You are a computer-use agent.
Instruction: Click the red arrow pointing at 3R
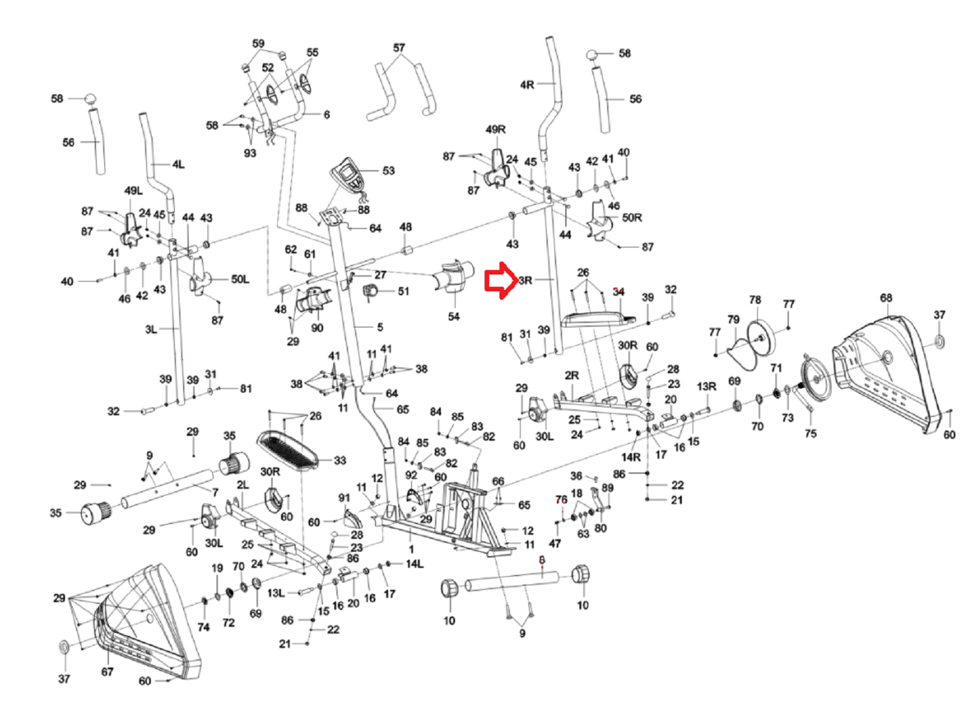500,280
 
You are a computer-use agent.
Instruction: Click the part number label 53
388,171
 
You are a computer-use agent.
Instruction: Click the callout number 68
886,298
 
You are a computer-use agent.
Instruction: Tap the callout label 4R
527,84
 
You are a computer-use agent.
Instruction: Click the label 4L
178,165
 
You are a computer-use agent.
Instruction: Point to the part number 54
454,316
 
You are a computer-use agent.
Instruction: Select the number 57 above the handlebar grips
399,48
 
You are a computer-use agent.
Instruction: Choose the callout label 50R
632,218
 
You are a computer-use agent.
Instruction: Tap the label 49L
133,191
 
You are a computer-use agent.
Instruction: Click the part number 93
250,153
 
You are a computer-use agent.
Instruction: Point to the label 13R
706,386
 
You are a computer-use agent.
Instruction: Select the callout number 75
810,433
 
